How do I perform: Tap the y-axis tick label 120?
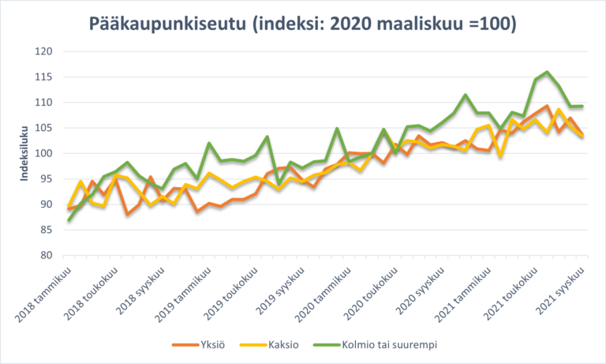[x=43, y=52]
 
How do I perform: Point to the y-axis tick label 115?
[x=43, y=77]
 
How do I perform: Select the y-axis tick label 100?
[x=43, y=153]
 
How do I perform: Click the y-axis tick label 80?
[x=45, y=255]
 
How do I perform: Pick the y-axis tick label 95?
[x=45, y=179]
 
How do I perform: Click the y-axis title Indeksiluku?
[x=24, y=154]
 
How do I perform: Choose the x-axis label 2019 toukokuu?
[x=229, y=292]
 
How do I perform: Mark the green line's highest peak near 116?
[x=547, y=72]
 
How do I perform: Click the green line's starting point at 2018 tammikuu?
[x=69, y=220]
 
